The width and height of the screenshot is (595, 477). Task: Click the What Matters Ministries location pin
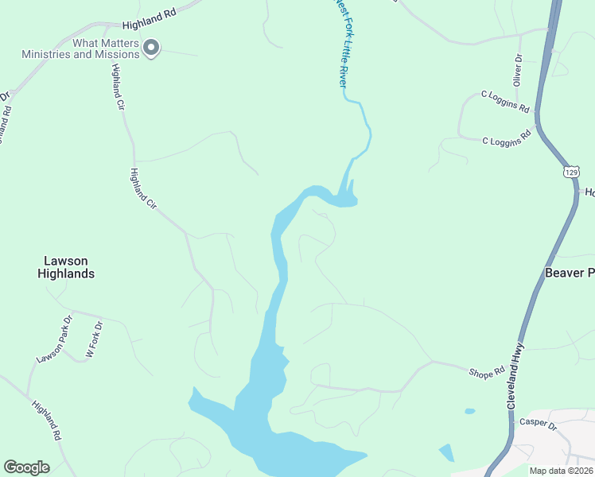point(151,48)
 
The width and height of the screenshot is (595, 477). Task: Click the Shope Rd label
point(487,372)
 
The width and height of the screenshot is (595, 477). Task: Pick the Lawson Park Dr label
point(54,339)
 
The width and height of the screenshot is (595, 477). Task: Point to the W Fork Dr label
point(94,339)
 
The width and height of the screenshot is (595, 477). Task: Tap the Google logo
point(27,467)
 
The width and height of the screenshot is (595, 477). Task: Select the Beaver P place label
point(570,273)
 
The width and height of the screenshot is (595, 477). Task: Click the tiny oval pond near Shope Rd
point(470,411)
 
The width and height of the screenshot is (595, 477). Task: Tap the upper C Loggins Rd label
point(506,100)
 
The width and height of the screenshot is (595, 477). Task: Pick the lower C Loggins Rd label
point(507,138)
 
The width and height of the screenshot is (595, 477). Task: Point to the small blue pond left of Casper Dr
point(446,452)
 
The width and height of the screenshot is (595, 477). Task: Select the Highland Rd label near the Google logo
point(47,421)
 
